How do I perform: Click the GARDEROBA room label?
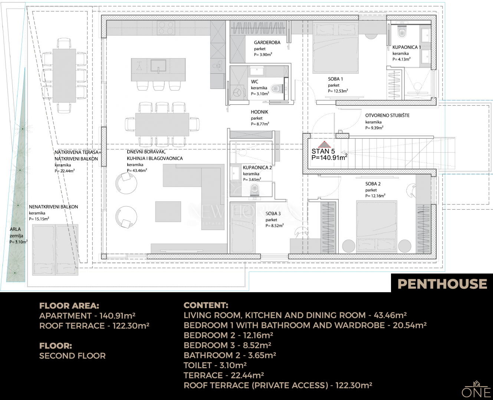click(267, 43)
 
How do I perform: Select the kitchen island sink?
click(158, 66)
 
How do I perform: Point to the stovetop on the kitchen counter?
click(166, 28)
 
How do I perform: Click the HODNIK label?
click(259, 112)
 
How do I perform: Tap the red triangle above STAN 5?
click(324, 144)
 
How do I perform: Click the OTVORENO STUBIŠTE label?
click(387, 115)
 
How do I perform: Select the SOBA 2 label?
click(373, 184)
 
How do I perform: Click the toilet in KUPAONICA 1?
click(402, 32)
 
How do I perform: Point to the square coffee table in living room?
click(168, 212)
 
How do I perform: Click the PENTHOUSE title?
click(442, 284)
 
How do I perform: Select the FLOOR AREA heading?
click(69, 306)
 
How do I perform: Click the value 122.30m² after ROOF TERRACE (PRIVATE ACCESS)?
click(354, 386)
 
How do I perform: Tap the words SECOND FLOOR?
click(72, 356)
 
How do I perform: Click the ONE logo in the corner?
click(476, 390)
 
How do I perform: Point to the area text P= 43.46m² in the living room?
click(137, 170)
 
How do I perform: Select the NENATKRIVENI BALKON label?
click(53, 207)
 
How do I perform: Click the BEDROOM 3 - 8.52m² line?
click(227, 346)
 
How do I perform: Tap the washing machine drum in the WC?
click(237, 93)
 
